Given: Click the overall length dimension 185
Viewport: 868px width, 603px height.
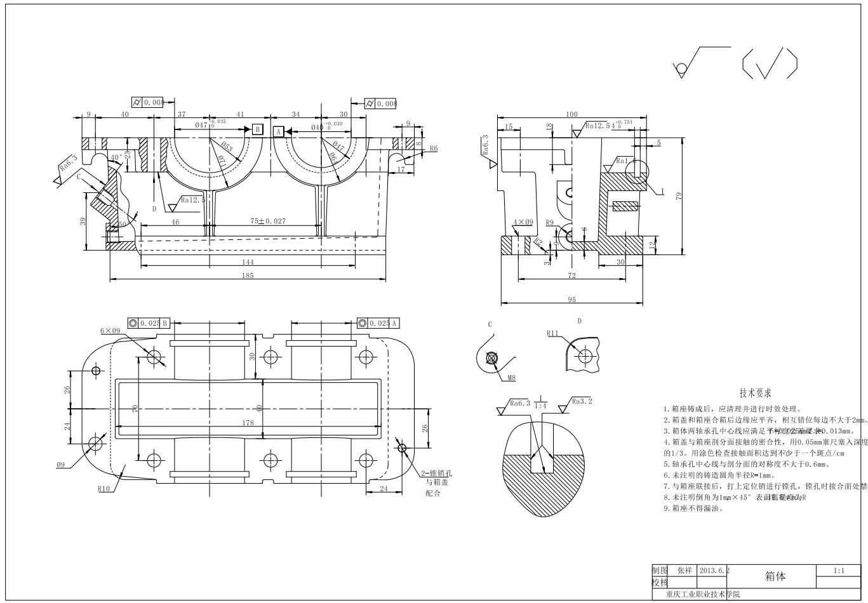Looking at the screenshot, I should pyautogui.click(x=247, y=275).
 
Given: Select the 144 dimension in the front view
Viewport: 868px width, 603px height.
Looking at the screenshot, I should pyautogui.click(x=247, y=262).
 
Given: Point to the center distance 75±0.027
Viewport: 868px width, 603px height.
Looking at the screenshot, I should pyautogui.click(x=267, y=222).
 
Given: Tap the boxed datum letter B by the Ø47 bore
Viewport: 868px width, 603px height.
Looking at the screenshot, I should pyautogui.click(x=257, y=129).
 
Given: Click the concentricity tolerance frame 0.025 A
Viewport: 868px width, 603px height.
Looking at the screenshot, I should pyautogui.click(x=378, y=323).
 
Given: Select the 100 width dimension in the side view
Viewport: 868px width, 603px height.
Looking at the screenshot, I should pyautogui.click(x=571, y=114).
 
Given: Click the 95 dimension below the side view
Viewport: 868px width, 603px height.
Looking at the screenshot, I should pyautogui.click(x=571, y=300).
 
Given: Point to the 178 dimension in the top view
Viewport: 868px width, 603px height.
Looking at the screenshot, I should pyautogui.click(x=247, y=423).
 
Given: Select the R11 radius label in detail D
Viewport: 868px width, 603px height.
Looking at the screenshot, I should pyautogui.click(x=552, y=333).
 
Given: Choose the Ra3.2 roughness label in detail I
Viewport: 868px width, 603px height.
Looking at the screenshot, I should pyautogui.click(x=581, y=401).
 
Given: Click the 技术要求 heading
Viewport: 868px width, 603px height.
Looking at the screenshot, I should pyautogui.click(x=755, y=394).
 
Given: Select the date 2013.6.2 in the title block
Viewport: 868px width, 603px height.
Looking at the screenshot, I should pyautogui.click(x=714, y=571).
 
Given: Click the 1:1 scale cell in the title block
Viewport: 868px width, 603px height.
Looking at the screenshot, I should pyautogui.click(x=839, y=571).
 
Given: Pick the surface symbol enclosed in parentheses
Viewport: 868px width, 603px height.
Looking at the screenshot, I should pyautogui.click(x=769, y=63).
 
